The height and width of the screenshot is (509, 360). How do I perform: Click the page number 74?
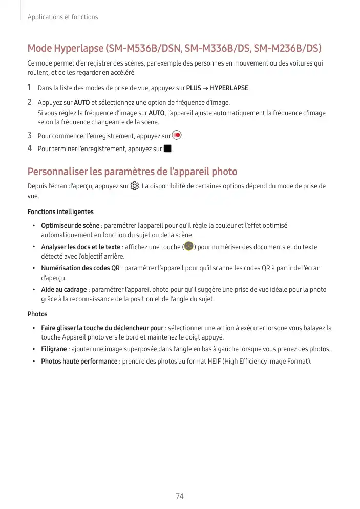180,497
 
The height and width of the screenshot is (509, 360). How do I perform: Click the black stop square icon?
167,149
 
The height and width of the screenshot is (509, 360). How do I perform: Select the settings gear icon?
135,186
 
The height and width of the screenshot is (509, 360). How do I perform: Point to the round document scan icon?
189,247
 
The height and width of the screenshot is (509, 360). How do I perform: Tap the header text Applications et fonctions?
63,17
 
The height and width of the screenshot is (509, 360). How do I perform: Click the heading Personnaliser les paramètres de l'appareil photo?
132,172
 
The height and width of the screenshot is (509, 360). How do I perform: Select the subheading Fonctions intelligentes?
60,211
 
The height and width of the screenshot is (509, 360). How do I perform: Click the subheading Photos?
37,314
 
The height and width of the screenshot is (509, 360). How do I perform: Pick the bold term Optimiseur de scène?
70,226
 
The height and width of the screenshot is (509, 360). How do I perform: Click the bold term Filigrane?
54,349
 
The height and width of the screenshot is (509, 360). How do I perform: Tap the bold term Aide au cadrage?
63,290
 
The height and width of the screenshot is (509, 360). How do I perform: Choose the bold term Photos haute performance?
79,362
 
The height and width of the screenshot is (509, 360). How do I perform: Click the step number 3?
30,136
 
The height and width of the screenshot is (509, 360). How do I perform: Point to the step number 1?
30,88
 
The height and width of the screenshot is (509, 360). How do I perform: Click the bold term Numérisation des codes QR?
80,268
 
